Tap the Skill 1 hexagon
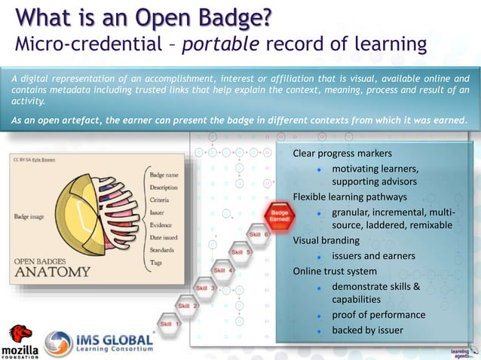(x=165, y=324)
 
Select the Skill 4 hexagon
(x=223, y=270)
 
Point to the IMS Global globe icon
(x=59, y=343)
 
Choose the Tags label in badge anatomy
(x=156, y=262)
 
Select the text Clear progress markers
(x=342, y=154)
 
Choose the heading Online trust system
(x=335, y=271)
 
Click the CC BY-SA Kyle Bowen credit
(x=33, y=160)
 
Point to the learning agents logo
(x=461, y=351)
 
